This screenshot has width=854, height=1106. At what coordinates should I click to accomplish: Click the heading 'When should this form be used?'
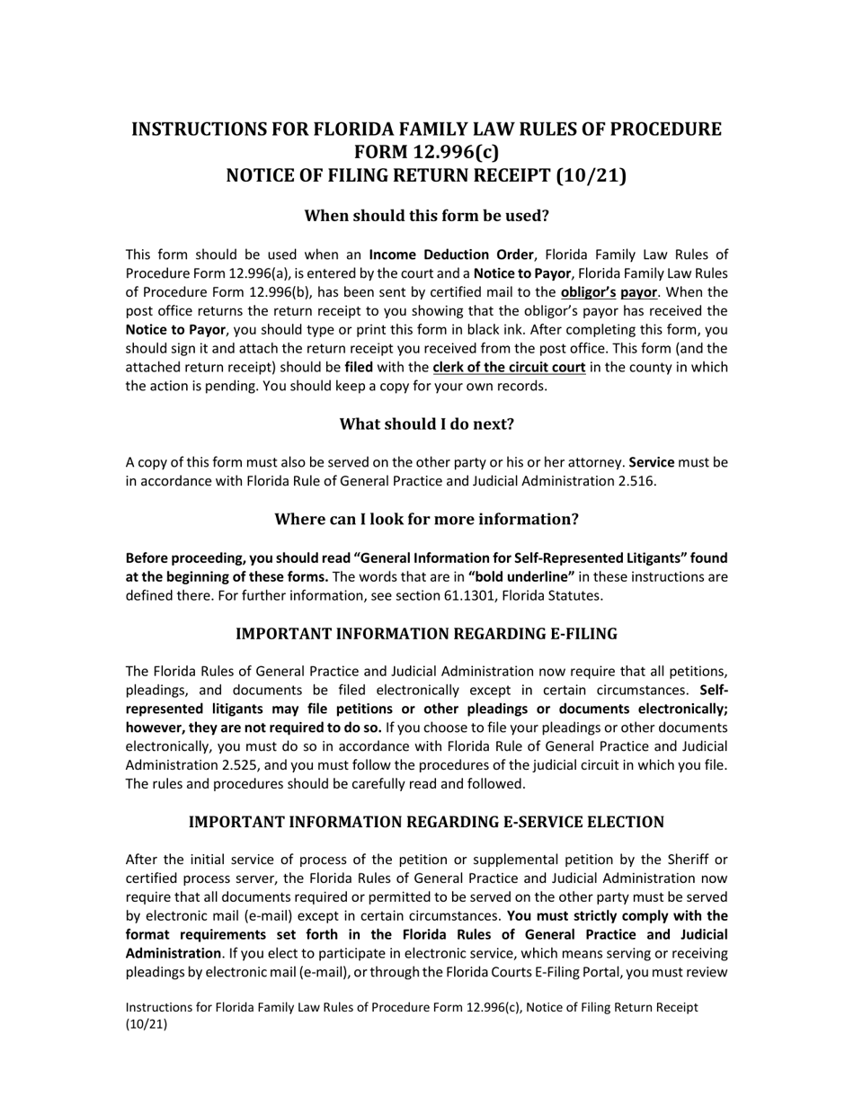click(426, 216)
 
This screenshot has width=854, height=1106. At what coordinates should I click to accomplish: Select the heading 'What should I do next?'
click(426, 424)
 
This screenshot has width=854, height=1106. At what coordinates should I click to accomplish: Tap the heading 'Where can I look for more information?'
click(426, 520)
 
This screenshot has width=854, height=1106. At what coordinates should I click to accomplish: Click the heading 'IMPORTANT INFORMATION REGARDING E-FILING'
click(426, 634)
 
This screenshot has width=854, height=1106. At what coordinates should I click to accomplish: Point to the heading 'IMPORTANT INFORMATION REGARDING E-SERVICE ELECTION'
click(426, 823)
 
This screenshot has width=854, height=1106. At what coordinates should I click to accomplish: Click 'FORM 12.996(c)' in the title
click(426, 152)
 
